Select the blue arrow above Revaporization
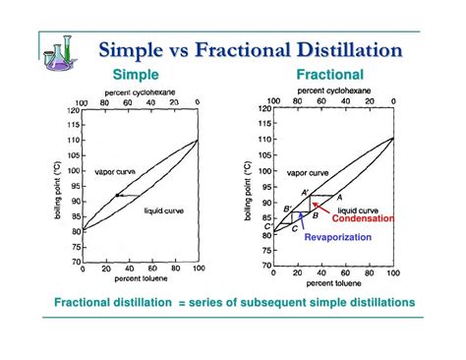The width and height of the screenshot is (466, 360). [300, 219]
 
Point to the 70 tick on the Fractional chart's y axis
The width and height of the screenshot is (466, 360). [264, 265]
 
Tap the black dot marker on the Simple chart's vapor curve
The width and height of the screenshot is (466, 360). [117, 196]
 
